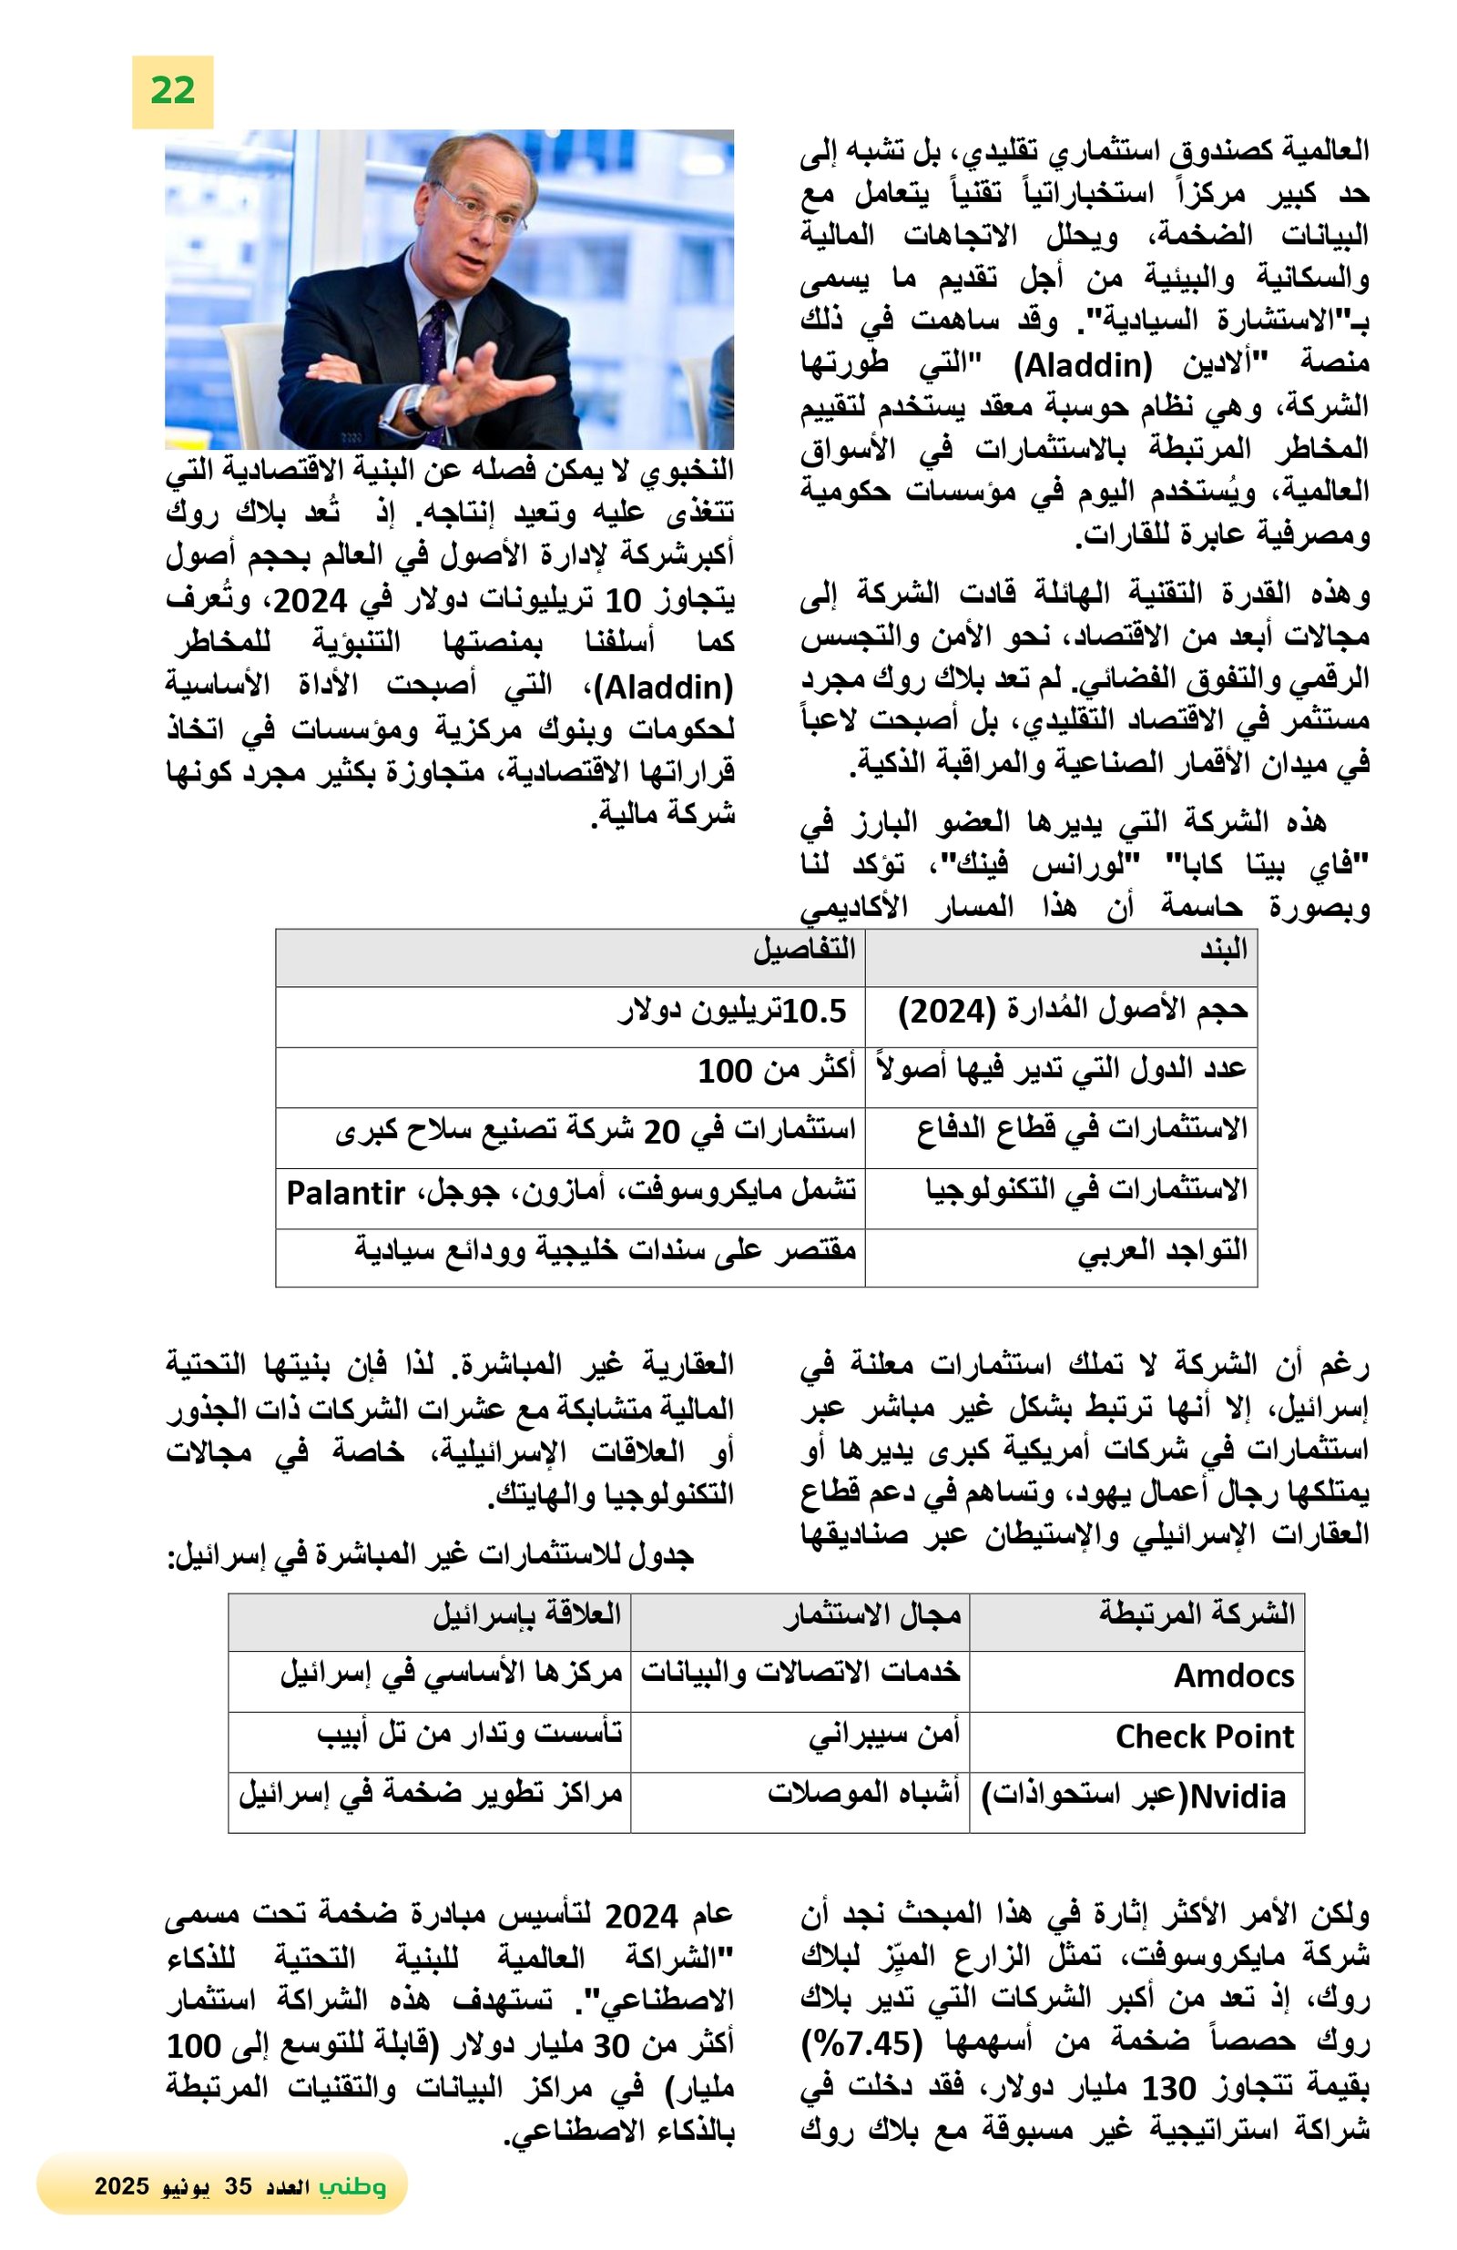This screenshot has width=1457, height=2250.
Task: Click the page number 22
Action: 172,91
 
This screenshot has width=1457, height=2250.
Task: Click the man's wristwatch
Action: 416,404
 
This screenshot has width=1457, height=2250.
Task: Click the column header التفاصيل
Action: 804,950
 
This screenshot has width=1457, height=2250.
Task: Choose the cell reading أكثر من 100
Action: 776,1071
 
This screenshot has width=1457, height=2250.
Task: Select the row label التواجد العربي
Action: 1162,1251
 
